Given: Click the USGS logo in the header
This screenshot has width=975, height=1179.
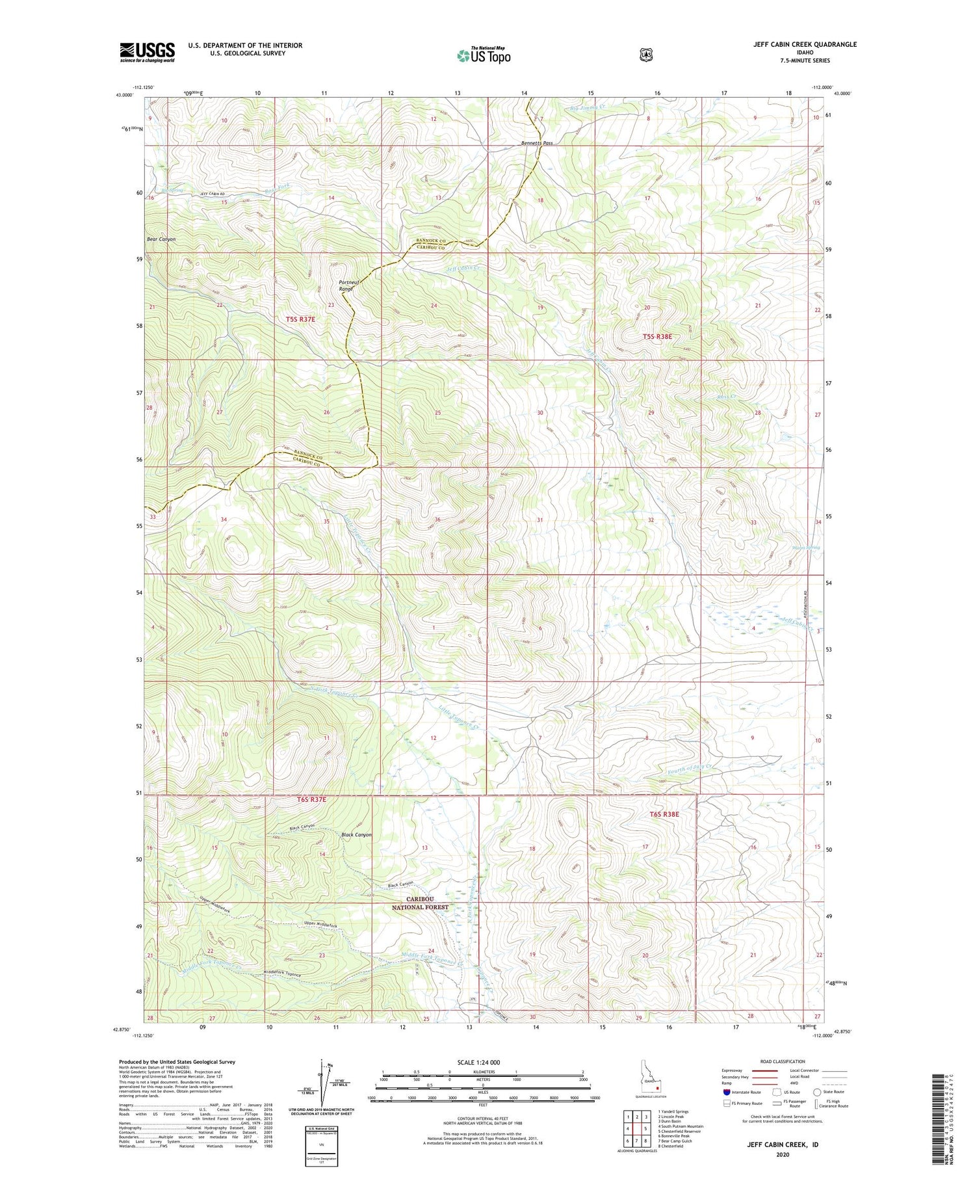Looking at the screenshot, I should click(x=147, y=52).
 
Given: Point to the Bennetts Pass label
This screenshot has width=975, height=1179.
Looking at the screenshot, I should click(x=537, y=143).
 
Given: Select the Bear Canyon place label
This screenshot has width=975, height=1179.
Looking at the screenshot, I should click(x=161, y=239).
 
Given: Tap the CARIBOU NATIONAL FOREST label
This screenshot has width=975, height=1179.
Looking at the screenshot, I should click(x=421, y=903).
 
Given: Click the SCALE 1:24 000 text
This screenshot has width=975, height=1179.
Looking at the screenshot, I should click(x=479, y=1063).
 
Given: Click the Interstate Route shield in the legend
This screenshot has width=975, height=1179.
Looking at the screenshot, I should click(x=727, y=1092).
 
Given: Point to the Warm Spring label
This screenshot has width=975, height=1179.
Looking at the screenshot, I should click(x=805, y=548).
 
